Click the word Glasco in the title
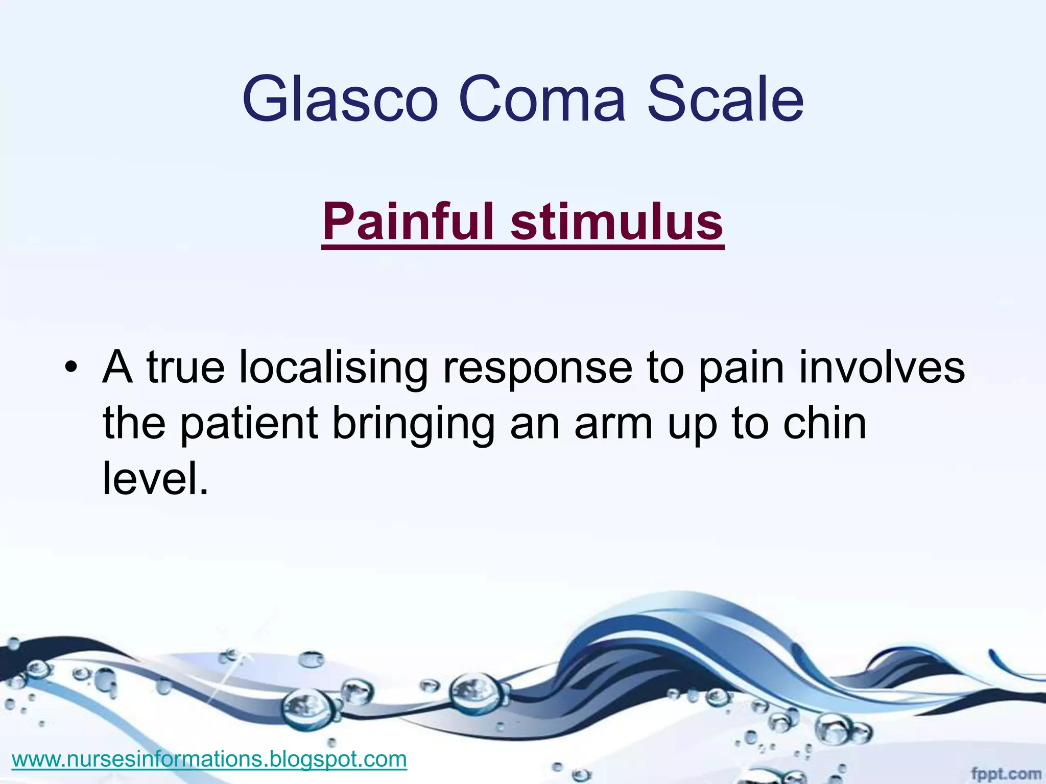[x=340, y=100]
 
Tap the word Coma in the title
[x=542, y=100]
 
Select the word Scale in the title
[x=725, y=100]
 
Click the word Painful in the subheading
[x=409, y=222]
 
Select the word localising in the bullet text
[x=334, y=368]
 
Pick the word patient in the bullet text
[x=249, y=424]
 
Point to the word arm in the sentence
[x=613, y=424]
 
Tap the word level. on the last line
[x=156, y=478]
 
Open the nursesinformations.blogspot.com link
[x=209, y=759]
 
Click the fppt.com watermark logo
[x=1005, y=773]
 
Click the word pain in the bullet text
[x=741, y=369]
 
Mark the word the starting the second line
[x=134, y=423]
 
